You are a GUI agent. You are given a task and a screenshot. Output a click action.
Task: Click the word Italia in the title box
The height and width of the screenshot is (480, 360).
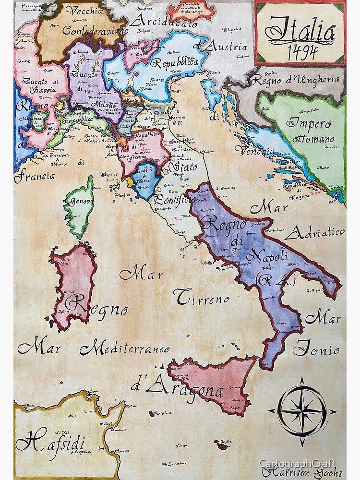click(x=300, y=31)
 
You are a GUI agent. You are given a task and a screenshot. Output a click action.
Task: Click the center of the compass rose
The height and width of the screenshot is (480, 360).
click(x=301, y=411)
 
